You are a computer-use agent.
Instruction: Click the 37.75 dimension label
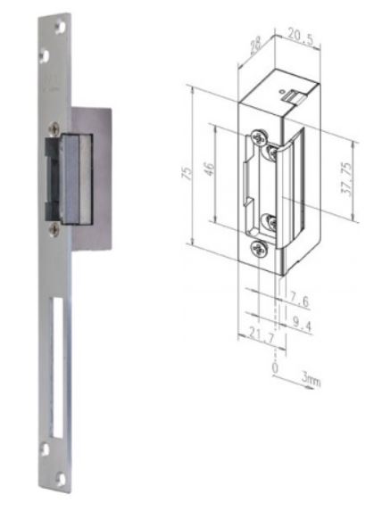coord(346,178)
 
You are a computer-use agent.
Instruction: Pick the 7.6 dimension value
coord(299,301)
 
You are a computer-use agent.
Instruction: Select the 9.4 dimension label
coord(302,325)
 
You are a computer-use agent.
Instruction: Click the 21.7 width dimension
coord(262,334)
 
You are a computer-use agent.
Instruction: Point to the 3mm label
coord(311,380)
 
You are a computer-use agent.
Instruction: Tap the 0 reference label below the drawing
coord(275,368)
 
